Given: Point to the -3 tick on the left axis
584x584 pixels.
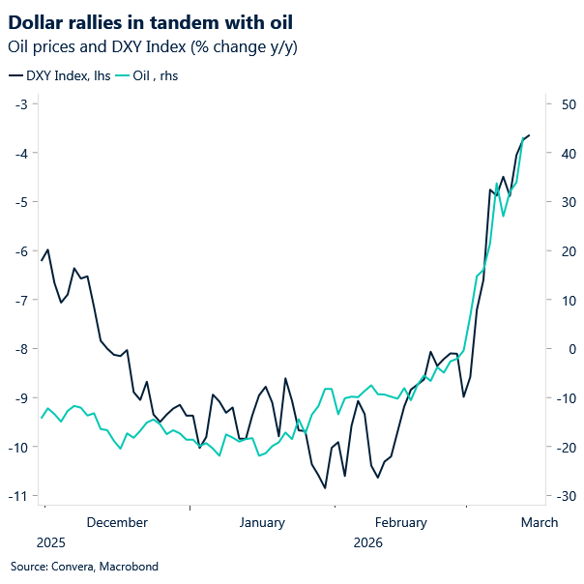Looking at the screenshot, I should pos(19,103).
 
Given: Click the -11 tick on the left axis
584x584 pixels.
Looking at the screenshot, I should pos(17,495).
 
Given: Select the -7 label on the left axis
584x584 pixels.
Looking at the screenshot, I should pos(19,300).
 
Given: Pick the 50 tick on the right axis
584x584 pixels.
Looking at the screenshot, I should pos(564,103).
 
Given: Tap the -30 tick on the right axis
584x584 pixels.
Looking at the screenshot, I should pos(564,495).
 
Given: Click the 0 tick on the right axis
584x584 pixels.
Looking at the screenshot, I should pos(560,348).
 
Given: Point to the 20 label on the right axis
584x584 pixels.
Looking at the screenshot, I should pos(564,250).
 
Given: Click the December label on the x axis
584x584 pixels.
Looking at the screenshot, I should pos(117,523).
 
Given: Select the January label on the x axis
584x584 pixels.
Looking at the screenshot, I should pos(261,523).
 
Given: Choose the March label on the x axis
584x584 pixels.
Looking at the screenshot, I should pos(539,523).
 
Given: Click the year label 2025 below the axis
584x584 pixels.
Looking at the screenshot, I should pos(52,543).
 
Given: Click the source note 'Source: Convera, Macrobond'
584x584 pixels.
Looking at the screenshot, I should pos(84,567).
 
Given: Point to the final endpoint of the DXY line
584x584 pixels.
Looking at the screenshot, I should pos(530,135).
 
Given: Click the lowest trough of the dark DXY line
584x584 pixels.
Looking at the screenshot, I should pos(325,487).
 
